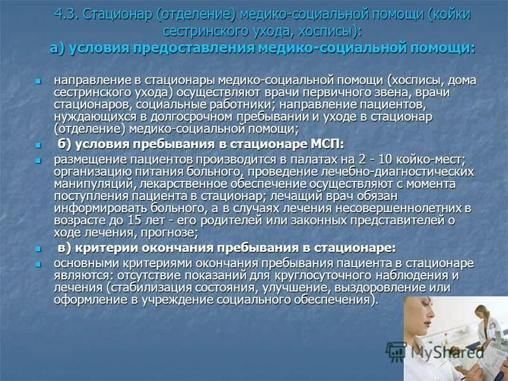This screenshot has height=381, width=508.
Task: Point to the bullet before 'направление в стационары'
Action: click(x=39, y=81)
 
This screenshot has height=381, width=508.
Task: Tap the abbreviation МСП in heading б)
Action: click(x=326, y=143)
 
